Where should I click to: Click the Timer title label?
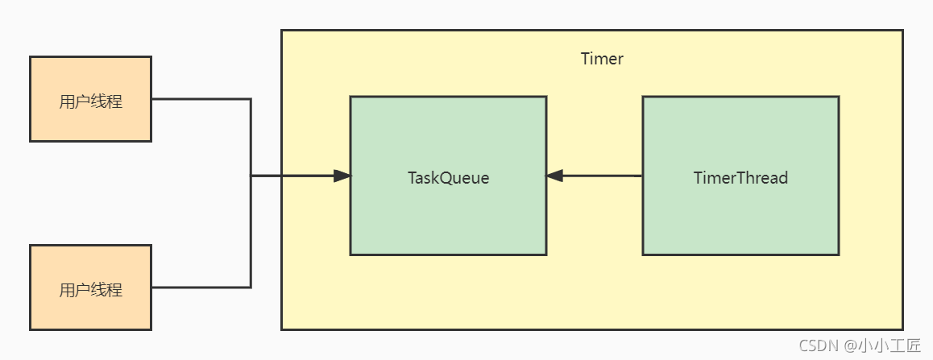point(602,59)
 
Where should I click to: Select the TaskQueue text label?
point(448,178)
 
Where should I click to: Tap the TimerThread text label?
point(740,178)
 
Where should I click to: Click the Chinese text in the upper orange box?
point(90,101)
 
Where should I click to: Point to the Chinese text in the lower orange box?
point(90,290)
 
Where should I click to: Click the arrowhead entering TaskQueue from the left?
point(342,176)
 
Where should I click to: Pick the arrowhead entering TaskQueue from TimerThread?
point(554,176)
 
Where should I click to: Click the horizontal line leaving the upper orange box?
point(201,99)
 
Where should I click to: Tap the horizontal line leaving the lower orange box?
point(201,288)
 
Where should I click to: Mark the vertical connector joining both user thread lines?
point(251,193)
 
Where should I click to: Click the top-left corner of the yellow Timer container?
point(282,31)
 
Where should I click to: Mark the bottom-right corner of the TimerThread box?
point(838,254)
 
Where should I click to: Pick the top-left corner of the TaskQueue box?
point(350,97)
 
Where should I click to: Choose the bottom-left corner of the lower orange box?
point(31,329)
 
